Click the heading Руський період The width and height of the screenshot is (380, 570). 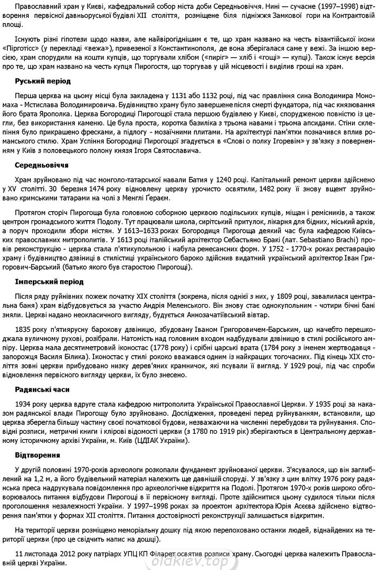43,81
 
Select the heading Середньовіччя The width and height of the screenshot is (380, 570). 42,165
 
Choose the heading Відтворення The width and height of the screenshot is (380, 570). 37,454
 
